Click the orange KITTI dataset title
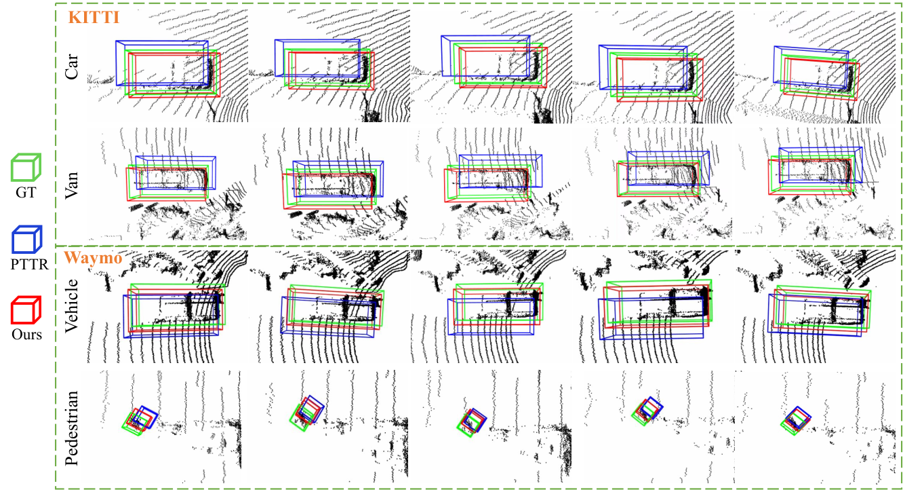point(94,18)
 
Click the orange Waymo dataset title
point(93,257)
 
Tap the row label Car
point(71,67)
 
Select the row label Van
point(71,185)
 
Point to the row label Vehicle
point(71,306)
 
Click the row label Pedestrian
point(71,428)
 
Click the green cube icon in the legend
point(26,167)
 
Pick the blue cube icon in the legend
point(26,240)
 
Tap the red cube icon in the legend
point(26,310)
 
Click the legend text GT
point(26,193)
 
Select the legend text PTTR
point(29,265)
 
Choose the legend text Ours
point(26,335)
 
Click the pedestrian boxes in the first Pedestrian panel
point(140,420)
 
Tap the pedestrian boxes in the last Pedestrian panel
point(796,421)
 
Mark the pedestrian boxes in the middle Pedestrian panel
point(472,423)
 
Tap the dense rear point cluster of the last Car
point(850,79)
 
